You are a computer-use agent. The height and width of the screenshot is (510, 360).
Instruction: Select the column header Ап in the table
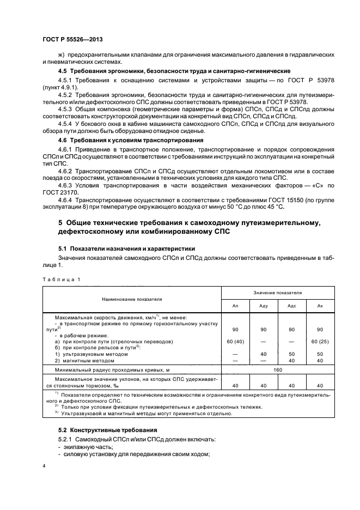point(235,306)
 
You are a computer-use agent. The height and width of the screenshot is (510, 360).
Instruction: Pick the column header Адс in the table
point(291,306)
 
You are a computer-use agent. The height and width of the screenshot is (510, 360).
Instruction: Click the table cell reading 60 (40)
point(235,342)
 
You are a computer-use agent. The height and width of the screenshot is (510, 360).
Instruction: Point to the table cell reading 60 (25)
point(320,342)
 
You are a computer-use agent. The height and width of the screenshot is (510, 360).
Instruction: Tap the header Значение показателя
point(277,293)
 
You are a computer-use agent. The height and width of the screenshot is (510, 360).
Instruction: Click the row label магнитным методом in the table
point(87,360)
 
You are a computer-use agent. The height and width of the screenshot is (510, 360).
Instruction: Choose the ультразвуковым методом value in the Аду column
point(264,354)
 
